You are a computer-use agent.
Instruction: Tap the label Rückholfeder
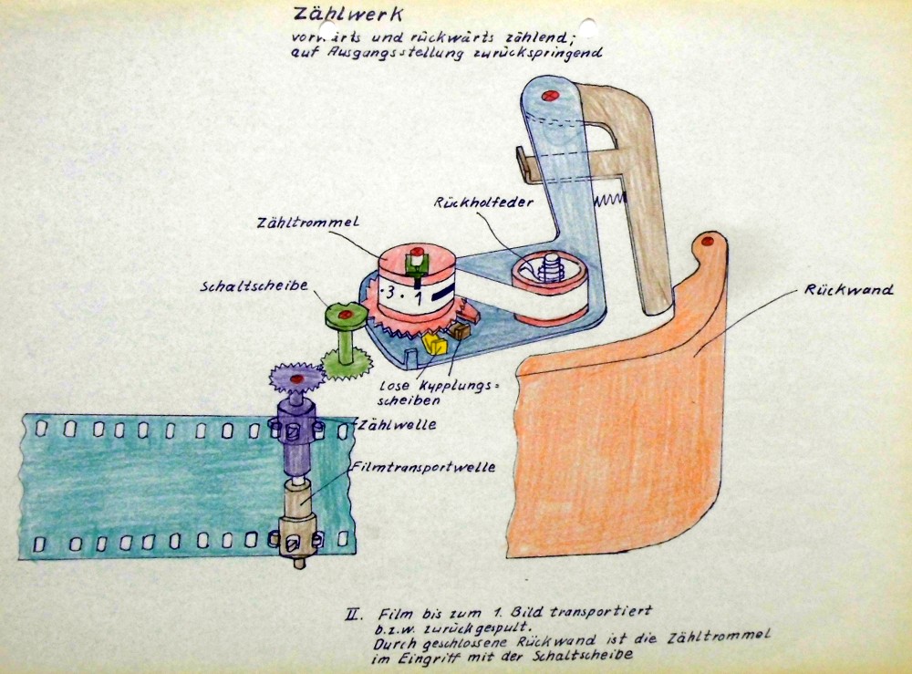pos(484,202)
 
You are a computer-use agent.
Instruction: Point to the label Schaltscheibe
pos(254,286)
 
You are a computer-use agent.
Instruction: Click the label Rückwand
pos(848,290)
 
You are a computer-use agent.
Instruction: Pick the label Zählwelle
pos(398,424)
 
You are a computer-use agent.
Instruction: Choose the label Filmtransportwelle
pos(423,466)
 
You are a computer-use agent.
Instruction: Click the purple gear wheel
pos(296,378)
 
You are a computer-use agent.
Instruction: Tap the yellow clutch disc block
pos(434,344)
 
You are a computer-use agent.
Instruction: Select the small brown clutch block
pos(460,331)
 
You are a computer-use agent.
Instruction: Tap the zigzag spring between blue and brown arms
pos(608,200)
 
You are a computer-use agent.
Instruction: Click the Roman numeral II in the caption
pos(353,614)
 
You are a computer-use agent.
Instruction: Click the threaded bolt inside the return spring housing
pos(550,267)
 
